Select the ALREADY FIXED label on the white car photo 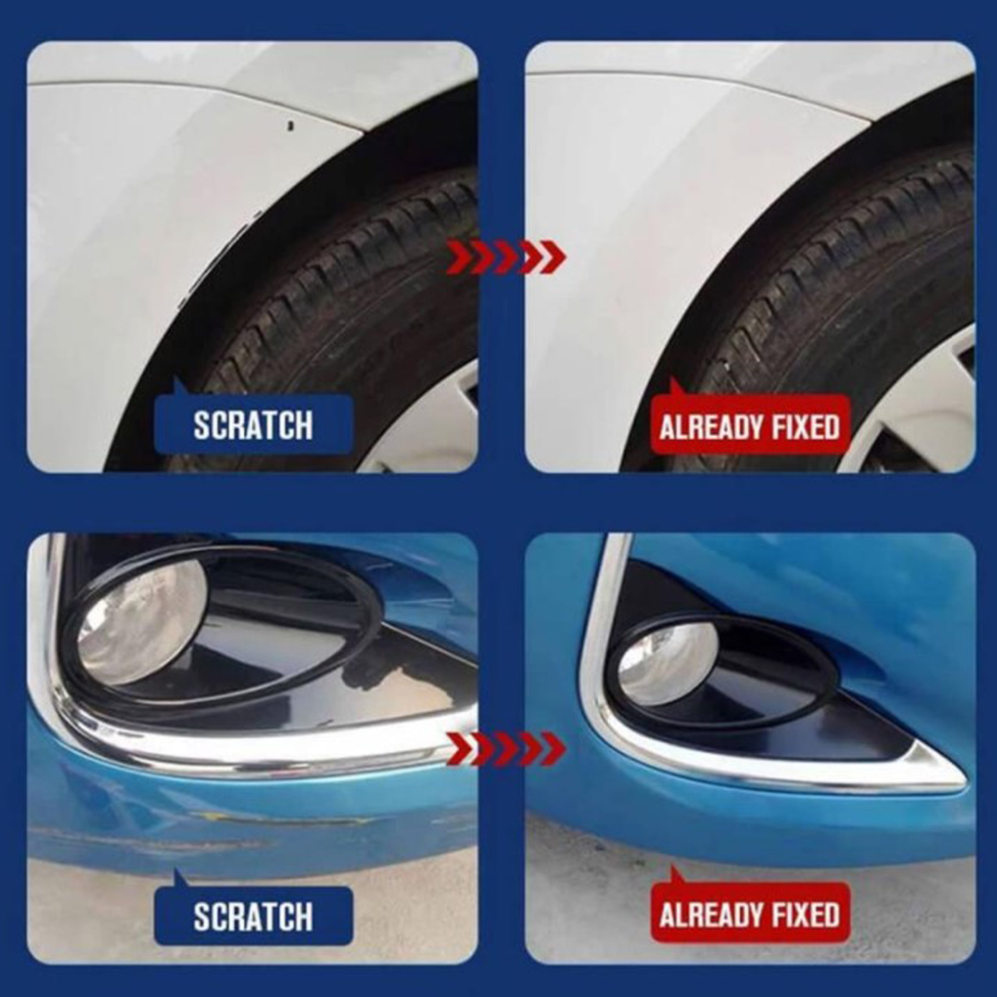pyautogui.click(x=750, y=426)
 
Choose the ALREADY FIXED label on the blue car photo pyautogui.click(x=750, y=915)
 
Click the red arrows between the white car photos pyautogui.click(x=506, y=255)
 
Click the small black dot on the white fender pyautogui.click(x=289, y=125)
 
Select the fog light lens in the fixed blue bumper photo pyautogui.click(x=669, y=664)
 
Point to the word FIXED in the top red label pyautogui.click(x=806, y=427)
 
